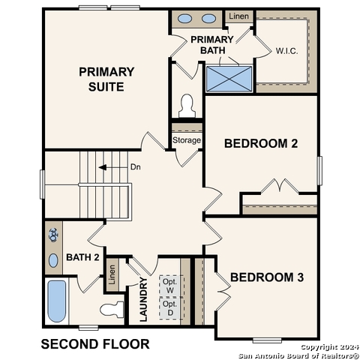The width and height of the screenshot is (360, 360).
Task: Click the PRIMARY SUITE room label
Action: (x=106, y=79)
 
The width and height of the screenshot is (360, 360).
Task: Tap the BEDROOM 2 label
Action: (x=261, y=142)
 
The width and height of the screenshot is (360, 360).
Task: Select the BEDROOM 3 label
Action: (x=267, y=277)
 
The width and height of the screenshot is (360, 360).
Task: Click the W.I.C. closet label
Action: (x=287, y=51)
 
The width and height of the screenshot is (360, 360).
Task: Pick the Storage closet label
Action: (x=187, y=140)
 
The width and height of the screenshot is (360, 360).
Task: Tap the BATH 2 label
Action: (x=82, y=257)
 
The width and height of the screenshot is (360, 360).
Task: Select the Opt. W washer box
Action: (x=170, y=286)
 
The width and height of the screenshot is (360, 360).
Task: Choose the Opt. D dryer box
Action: (x=170, y=308)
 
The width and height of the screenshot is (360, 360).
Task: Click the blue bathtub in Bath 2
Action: (x=57, y=301)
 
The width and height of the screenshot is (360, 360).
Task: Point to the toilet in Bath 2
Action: (x=112, y=308)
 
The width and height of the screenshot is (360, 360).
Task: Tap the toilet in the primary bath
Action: (x=187, y=106)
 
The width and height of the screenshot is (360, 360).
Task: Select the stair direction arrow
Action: (x=109, y=167)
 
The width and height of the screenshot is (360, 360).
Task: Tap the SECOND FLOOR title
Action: (x=94, y=344)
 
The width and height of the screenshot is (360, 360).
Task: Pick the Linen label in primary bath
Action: (x=238, y=16)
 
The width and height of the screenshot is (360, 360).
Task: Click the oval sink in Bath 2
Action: (x=53, y=259)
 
